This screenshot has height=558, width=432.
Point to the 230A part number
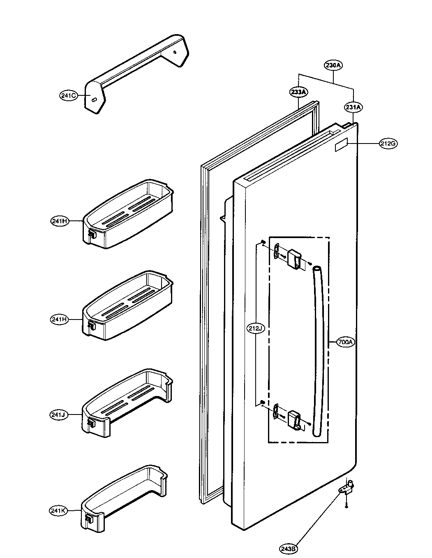[x=333, y=65]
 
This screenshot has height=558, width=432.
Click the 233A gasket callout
[x=299, y=93]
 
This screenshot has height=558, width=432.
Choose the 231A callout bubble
[x=353, y=107]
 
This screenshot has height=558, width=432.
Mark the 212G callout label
[x=388, y=144]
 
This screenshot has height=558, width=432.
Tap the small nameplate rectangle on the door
[x=342, y=146]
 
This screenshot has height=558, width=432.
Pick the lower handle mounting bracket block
[x=295, y=419]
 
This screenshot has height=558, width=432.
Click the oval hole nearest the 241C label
[x=94, y=100]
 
